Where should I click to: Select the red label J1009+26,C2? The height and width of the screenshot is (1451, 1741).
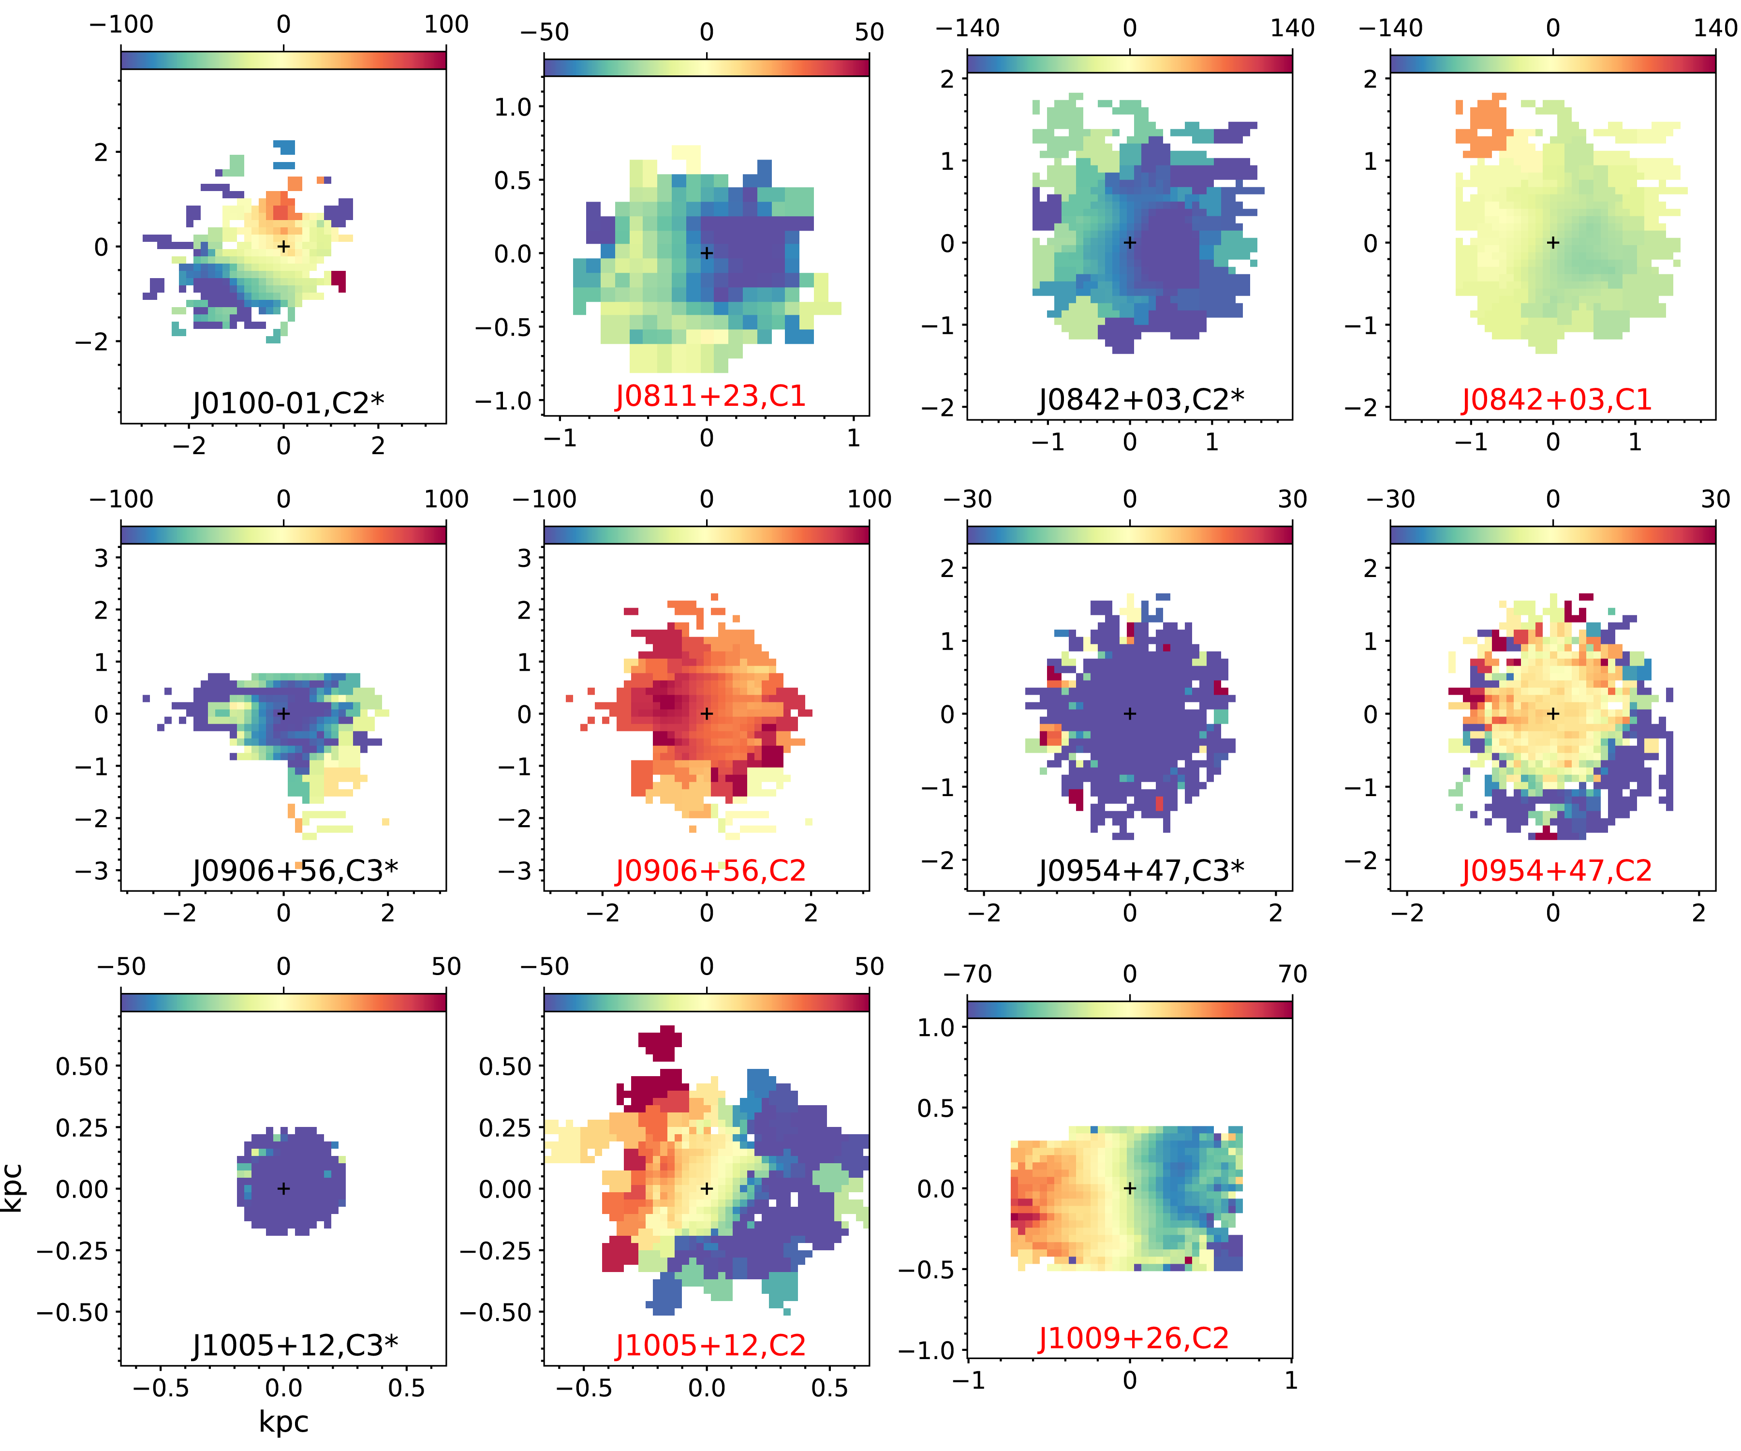point(1133,1338)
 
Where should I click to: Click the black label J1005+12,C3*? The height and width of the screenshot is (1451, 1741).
point(295,1345)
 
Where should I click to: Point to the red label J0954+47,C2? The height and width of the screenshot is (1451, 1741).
point(1556,871)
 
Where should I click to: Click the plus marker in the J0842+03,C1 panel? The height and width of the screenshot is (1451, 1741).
point(1553,243)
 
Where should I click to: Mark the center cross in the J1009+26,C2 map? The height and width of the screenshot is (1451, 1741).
point(1129,1188)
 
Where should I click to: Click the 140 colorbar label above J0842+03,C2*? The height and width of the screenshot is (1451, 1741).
point(1292,28)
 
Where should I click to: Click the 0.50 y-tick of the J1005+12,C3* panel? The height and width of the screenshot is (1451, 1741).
point(81,1066)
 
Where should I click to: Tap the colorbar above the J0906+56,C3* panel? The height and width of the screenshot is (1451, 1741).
point(283,535)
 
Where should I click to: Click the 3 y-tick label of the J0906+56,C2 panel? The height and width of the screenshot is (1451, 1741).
point(524,558)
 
